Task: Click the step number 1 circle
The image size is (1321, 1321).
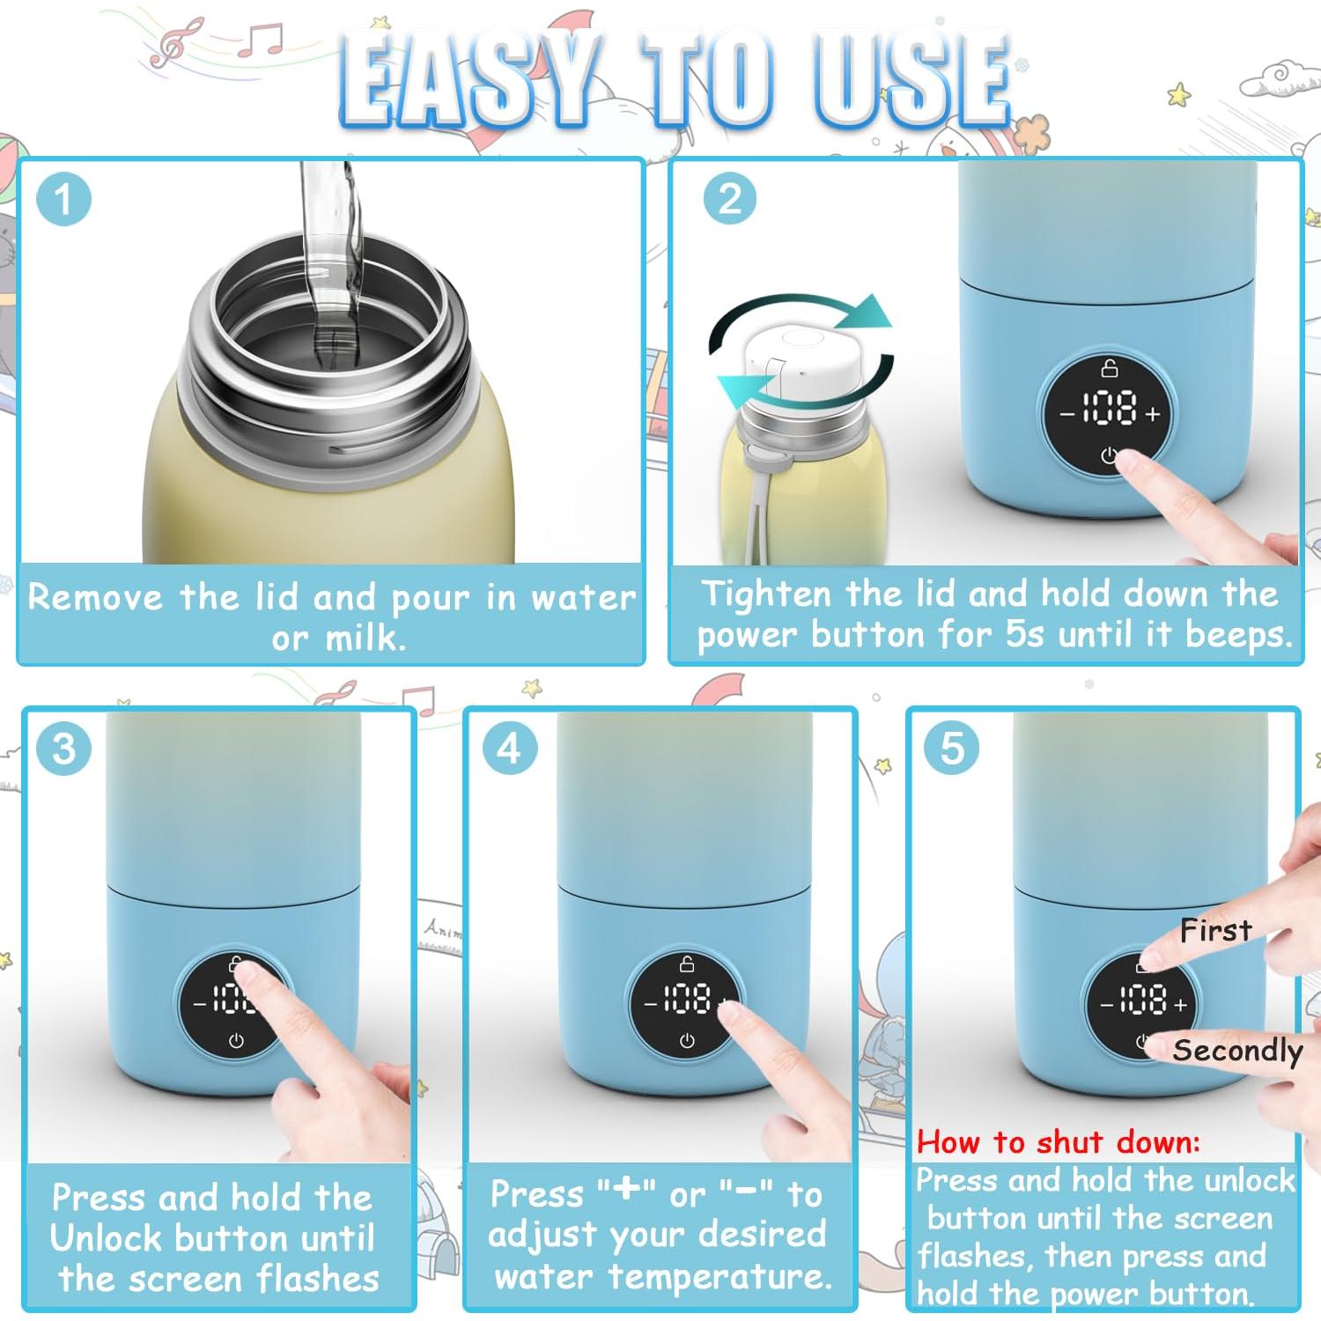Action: pyautogui.click(x=63, y=199)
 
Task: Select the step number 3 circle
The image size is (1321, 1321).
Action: pyautogui.click(x=63, y=749)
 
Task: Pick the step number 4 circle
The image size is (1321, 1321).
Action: pyautogui.click(x=510, y=749)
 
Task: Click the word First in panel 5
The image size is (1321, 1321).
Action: pyautogui.click(x=1216, y=930)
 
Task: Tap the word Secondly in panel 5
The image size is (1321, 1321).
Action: pyautogui.click(x=1237, y=1052)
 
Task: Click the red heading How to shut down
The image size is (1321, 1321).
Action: pyautogui.click(x=1059, y=1142)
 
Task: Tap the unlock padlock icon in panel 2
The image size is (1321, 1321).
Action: pyautogui.click(x=1110, y=367)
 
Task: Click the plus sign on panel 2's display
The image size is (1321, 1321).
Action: pyautogui.click(x=1153, y=413)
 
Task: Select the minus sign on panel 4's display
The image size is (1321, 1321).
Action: pyautogui.click(x=652, y=1004)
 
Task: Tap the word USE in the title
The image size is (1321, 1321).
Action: pyautogui.click(x=912, y=81)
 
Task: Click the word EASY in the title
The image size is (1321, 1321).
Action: pyautogui.click(x=467, y=81)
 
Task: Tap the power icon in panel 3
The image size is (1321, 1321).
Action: pyautogui.click(x=236, y=1042)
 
